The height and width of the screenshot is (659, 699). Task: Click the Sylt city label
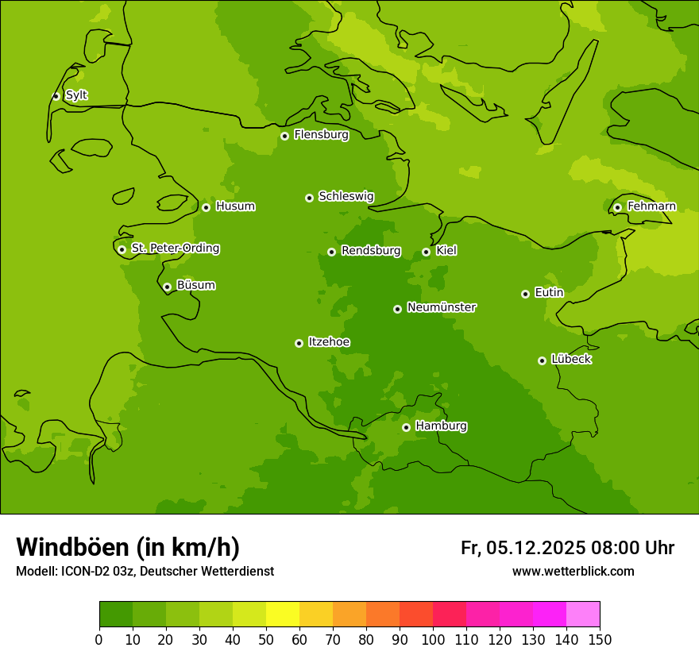click(x=76, y=95)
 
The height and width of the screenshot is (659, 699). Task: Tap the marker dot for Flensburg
click(x=284, y=136)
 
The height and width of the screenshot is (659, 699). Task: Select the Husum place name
click(x=235, y=206)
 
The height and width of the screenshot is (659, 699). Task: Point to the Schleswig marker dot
click(x=309, y=198)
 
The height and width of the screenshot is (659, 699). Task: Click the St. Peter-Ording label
click(x=175, y=249)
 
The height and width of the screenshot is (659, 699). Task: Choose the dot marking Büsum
click(x=167, y=287)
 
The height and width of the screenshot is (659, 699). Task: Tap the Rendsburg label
click(x=370, y=251)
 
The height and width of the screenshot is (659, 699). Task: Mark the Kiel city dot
click(x=426, y=252)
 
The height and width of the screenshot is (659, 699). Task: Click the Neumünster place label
click(x=441, y=307)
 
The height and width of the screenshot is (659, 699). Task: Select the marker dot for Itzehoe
click(x=299, y=343)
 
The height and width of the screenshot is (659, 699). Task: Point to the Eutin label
click(x=549, y=293)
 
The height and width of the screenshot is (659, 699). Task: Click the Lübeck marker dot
click(x=542, y=360)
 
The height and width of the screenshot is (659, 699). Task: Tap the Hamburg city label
click(x=441, y=426)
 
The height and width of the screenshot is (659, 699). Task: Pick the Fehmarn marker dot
click(x=617, y=207)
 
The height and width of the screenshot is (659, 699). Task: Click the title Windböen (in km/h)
click(x=128, y=547)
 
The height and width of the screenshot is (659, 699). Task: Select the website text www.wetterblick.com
click(x=573, y=572)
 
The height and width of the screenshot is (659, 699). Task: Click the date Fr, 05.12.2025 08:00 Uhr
click(x=567, y=548)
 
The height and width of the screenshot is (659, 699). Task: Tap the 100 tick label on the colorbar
click(x=433, y=639)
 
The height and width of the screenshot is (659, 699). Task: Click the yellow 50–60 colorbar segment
click(x=283, y=615)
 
